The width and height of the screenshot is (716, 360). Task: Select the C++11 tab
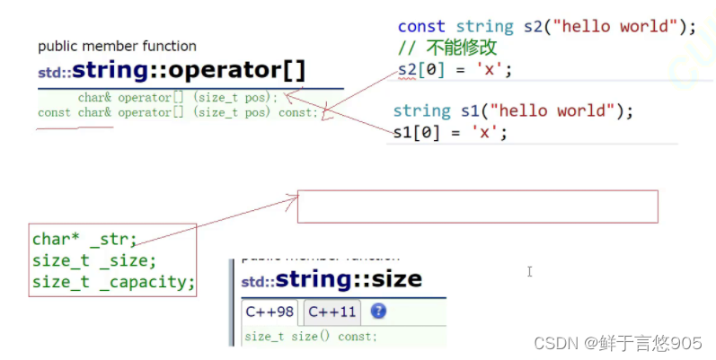[331, 312]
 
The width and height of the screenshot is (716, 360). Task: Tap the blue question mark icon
[378, 312]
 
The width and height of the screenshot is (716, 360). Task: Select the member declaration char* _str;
[84, 240]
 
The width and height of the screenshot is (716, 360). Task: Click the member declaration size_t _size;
[94, 260]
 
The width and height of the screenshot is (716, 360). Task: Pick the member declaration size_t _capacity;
[113, 282]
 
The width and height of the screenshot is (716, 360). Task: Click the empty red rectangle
[477, 206]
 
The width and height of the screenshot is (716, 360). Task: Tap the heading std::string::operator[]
[171, 71]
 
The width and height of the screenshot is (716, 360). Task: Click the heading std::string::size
[331, 279]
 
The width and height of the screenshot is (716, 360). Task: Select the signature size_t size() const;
[311, 337]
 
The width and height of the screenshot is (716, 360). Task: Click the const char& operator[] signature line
[178, 112]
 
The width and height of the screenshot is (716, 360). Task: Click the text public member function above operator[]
[117, 46]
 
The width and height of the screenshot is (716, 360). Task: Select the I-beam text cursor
[530, 271]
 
